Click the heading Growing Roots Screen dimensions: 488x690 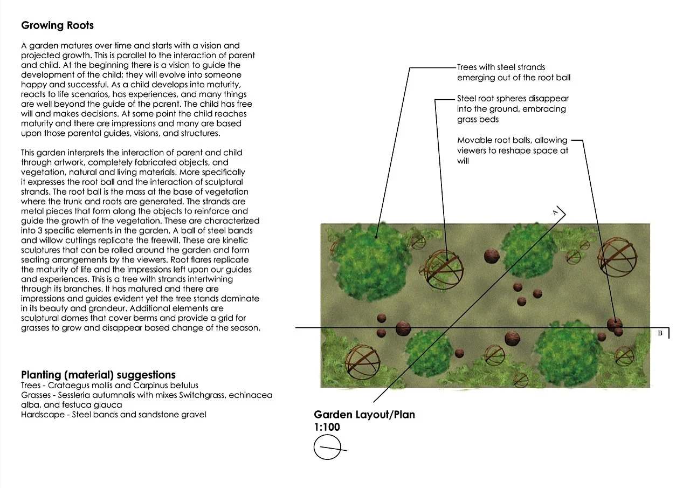(57, 25)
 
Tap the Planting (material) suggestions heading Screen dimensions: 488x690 (98, 375)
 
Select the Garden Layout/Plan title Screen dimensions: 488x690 (364, 415)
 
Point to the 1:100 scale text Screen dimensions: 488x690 (327, 427)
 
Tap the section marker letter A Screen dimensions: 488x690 (555, 213)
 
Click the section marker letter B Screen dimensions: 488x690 (659, 333)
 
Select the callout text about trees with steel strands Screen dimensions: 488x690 (513, 72)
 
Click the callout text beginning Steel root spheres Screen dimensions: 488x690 (513, 109)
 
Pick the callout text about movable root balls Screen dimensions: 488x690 (512, 150)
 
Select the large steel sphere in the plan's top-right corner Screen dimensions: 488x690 (617, 258)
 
